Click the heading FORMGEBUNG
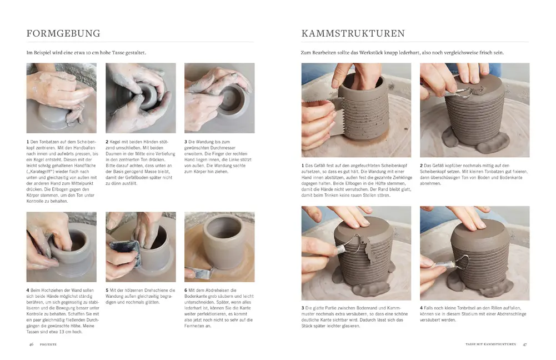click(63, 33)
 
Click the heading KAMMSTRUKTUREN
click(353, 33)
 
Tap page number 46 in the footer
click(31, 344)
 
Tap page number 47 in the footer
click(524, 344)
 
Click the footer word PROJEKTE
click(47, 344)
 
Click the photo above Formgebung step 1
click(61, 98)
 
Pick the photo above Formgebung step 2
click(141, 98)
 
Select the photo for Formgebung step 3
click(219, 98)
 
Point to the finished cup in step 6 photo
click(222, 240)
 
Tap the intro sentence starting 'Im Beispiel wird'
click(91, 53)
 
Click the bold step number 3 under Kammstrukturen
click(303, 307)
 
